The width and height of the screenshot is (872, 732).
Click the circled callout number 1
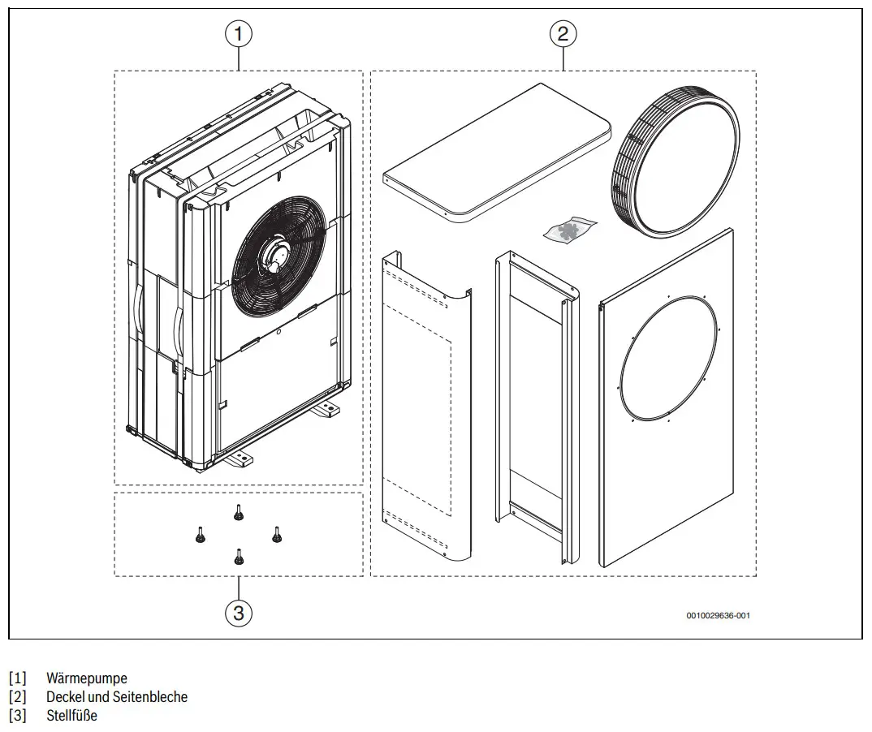click(238, 34)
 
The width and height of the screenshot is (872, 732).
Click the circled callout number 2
click(563, 34)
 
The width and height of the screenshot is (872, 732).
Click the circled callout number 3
click(238, 613)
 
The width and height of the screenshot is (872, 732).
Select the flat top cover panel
click(497, 153)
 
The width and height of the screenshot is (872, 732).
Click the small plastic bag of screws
click(569, 229)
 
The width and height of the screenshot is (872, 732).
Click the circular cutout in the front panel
click(668, 358)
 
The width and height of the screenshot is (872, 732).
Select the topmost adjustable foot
click(238, 512)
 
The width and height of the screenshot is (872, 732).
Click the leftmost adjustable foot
click(201, 534)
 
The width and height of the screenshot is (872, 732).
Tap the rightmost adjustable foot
click(276, 534)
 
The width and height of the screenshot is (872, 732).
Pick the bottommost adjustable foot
click(238, 557)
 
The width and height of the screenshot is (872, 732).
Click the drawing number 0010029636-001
click(718, 615)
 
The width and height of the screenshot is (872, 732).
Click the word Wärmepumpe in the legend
click(87, 678)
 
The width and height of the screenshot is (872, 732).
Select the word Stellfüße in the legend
click(71, 715)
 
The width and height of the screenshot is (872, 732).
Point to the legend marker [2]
click(18, 697)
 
